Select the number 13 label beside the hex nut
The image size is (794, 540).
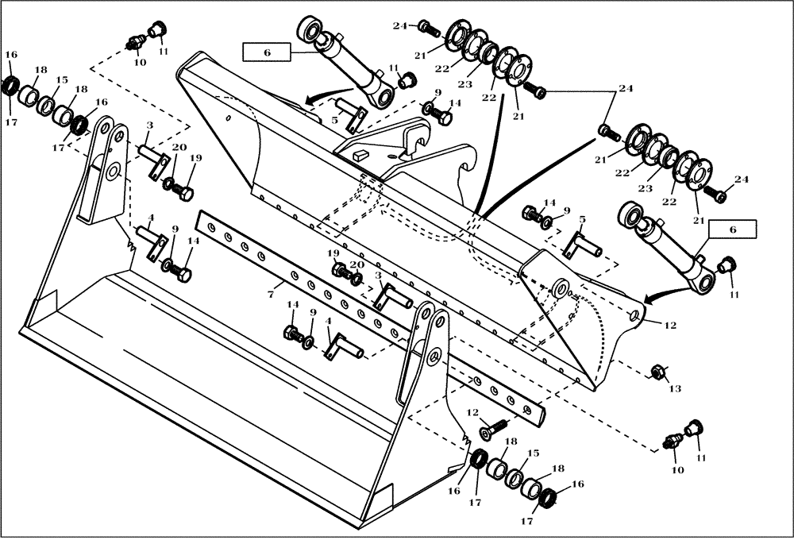pyautogui.click(x=675, y=389)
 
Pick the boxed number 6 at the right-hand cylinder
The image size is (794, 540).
pyautogui.click(x=732, y=229)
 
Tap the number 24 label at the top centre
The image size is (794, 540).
pyautogui.click(x=400, y=25)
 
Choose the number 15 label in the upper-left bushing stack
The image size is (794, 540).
pyautogui.click(x=61, y=80)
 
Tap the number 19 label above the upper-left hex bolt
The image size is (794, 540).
pyautogui.click(x=195, y=158)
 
